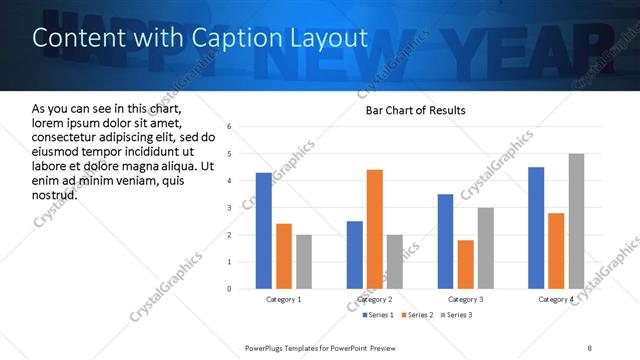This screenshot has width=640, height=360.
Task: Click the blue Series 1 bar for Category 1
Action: (x=264, y=231)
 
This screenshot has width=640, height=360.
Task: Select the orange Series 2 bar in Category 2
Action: (x=375, y=229)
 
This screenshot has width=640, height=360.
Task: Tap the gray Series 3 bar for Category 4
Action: (x=576, y=221)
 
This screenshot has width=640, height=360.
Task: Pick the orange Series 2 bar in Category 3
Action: (x=465, y=264)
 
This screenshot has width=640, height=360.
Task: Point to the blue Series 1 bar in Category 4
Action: (x=536, y=228)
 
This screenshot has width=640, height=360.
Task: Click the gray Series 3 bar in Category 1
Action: (x=304, y=262)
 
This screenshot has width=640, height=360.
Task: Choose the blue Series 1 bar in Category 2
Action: (x=355, y=255)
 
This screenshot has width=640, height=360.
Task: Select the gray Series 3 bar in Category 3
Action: (x=485, y=248)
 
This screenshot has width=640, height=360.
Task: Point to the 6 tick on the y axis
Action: (x=230, y=127)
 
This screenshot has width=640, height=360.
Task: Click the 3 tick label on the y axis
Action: (x=230, y=208)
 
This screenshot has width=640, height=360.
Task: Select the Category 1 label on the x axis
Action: (x=284, y=300)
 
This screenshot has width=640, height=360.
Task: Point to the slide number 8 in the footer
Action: (x=590, y=347)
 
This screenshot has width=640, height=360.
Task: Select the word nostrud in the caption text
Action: (x=55, y=193)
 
